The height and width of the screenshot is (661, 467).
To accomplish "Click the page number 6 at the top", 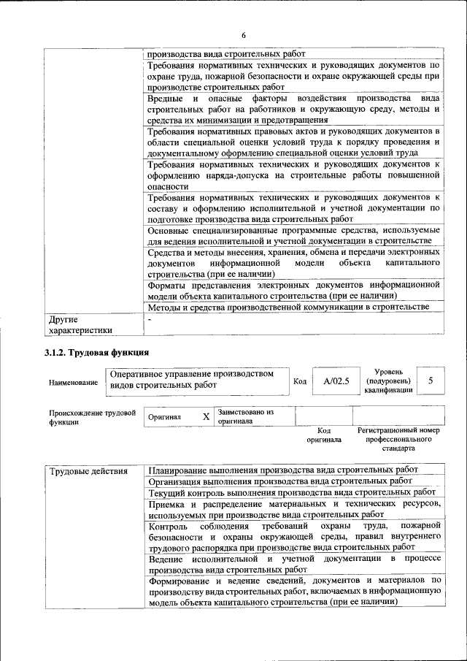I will [244, 35].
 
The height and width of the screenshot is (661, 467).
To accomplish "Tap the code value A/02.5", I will [336, 381].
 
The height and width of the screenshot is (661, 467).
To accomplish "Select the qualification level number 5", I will [431, 381].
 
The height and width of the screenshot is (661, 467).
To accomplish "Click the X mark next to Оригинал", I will [206, 416].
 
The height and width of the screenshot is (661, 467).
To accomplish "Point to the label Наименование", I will [72, 382].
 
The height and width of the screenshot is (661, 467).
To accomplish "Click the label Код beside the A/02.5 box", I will [299, 381].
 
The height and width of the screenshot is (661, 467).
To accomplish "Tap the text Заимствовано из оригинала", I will [245, 416].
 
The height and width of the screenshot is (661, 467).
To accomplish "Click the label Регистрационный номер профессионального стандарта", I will [398, 440].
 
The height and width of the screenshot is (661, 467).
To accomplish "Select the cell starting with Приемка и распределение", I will [294, 510].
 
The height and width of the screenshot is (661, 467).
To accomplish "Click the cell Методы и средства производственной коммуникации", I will [287, 307].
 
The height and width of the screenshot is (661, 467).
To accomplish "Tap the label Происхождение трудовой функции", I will [92, 417].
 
